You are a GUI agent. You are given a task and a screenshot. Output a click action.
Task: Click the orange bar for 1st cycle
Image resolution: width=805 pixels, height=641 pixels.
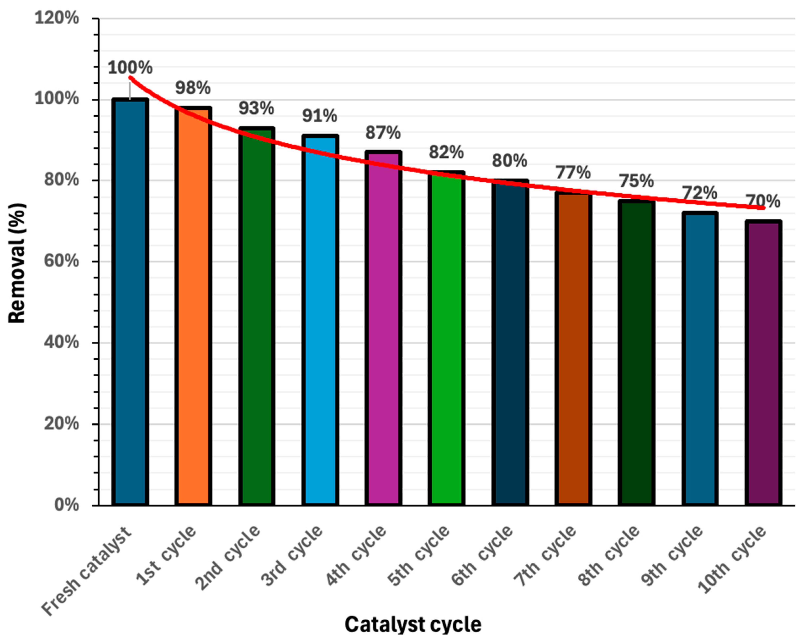[x=193, y=306]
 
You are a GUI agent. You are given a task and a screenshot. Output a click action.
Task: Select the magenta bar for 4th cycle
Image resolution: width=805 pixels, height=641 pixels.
[x=383, y=329]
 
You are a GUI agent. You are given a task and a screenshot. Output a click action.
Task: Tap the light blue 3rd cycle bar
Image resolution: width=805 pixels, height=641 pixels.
[x=320, y=321]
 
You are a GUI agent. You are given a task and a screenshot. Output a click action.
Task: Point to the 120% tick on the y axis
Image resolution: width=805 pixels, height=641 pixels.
[x=57, y=18]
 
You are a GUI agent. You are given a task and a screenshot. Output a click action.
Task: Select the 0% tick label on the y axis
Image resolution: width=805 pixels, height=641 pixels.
[x=66, y=505]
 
